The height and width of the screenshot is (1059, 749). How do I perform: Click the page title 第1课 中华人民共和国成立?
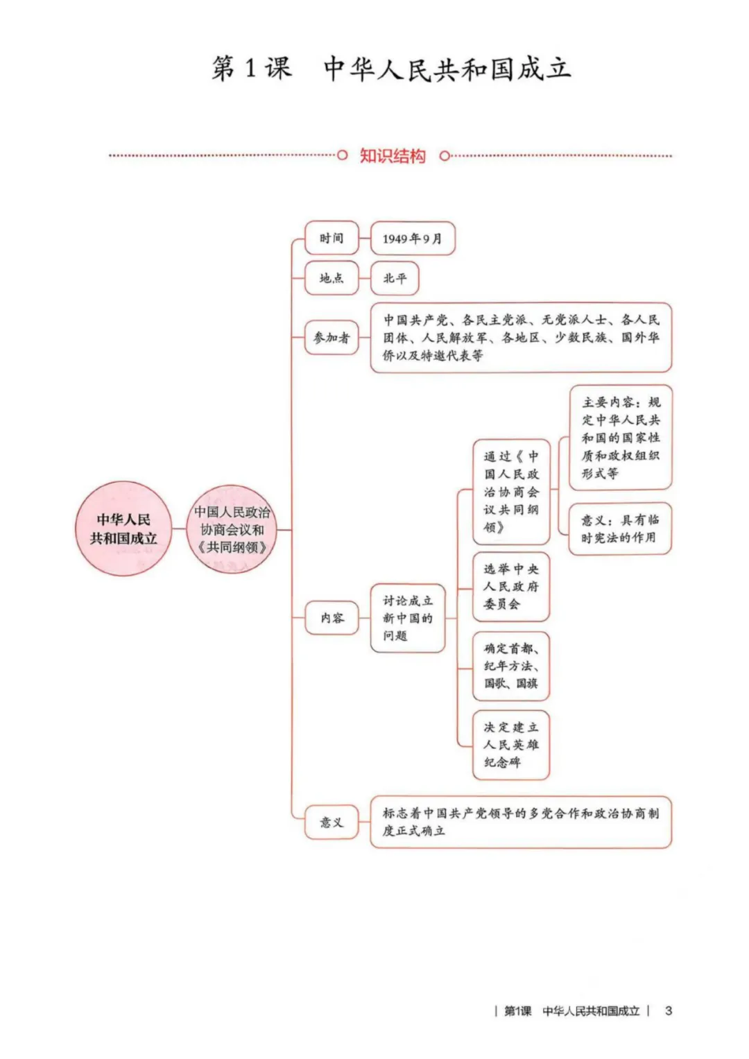coord(391,69)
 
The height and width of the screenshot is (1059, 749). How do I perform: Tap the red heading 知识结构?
coord(392,156)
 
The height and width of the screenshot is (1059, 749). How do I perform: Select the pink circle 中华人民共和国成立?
coord(123,528)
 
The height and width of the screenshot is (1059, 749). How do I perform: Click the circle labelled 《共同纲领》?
coord(232,530)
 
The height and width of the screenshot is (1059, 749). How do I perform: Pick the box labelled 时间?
coord(332,239)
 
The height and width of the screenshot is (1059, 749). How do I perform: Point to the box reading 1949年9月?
coord(413,239)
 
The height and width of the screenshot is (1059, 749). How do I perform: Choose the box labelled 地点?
coord(332,278)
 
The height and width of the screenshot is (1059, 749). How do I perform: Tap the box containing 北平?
coord(395,278)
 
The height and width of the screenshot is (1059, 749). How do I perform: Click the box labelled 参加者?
coord(332,338)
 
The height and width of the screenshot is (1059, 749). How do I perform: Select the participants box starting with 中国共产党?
coord(521,338)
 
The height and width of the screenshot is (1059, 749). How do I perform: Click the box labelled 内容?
coord(332,617)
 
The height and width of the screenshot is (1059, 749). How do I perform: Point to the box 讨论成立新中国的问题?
coord(408,618)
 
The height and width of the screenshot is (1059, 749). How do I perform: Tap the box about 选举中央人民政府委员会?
coord(511,587)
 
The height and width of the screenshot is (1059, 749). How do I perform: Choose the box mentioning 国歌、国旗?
coord(511,666)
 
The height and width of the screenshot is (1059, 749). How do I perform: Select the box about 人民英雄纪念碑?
coord(511,745)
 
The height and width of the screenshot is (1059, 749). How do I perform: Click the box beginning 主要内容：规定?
coord(621,438)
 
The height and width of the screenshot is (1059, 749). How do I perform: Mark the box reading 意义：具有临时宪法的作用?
coord(621,528)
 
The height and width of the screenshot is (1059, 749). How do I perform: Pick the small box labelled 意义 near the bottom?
coord(332,823)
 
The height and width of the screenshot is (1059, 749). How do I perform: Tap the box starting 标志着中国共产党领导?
coord(521,822)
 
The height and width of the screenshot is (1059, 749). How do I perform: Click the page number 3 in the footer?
coord(668,1010)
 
